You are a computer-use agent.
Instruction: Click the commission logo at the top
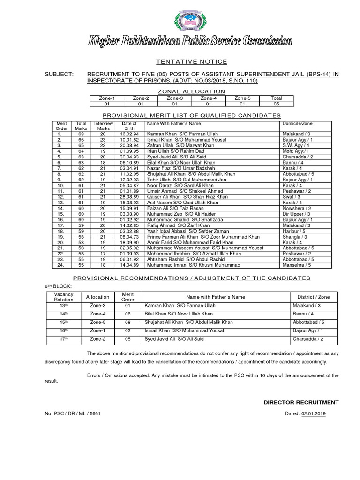[190, 22]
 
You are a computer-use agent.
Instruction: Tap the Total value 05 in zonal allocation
[276, 104]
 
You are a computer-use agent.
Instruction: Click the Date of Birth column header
[129, 126]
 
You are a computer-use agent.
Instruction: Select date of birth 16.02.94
[129, 134]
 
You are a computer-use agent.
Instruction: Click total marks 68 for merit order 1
[81, 134]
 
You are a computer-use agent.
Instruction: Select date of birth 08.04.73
[129, 237]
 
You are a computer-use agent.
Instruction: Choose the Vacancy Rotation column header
[64, 297]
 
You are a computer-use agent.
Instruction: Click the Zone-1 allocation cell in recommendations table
[98, 331]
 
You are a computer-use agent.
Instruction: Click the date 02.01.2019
[314, 413]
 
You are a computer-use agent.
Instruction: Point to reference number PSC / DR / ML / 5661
[72, 413]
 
